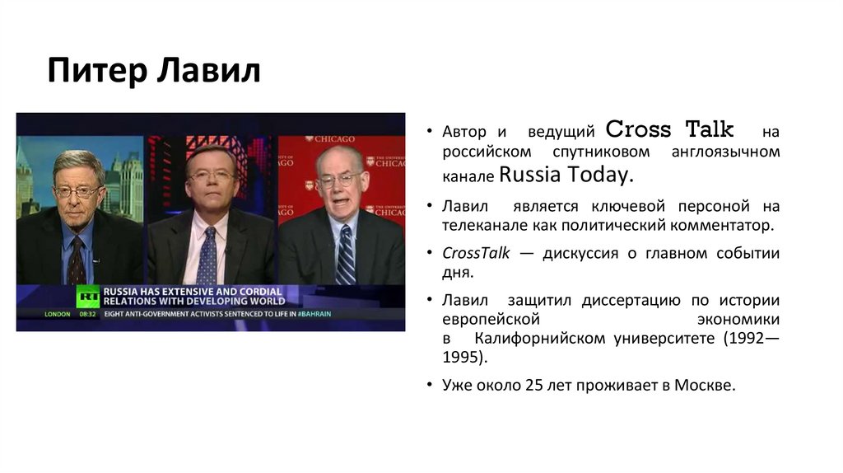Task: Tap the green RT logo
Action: [x=87, y=297]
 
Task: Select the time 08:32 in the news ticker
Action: [x=88, y=314]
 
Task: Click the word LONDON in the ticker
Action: [x=58, y=314]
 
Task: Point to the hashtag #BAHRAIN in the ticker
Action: [x=314, y=314]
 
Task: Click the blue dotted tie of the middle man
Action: [x=207, y=255]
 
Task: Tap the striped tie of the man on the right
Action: [x=346, y=255]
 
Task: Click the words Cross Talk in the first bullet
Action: [x=669, y=130]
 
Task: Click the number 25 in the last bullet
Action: [x=533, y=385]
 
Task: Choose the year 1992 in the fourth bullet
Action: [x=745, y=338]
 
